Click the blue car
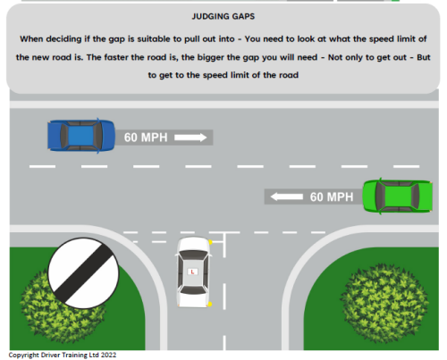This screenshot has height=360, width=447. (81, 136)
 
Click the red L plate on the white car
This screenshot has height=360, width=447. (191, 270)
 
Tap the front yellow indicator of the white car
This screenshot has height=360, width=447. (210, 241)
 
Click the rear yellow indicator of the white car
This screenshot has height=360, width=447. (210, 305)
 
